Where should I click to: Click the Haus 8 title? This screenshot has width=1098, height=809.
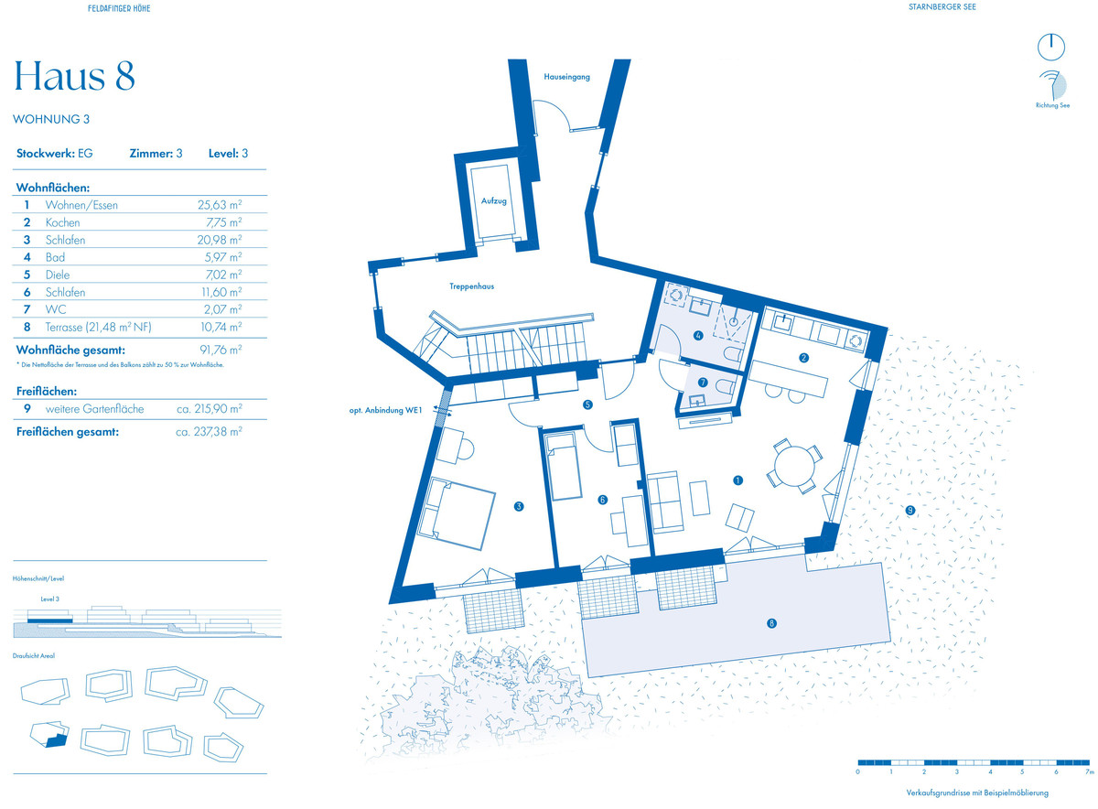(x=74, y=76)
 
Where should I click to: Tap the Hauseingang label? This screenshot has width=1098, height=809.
(x=566, y=77)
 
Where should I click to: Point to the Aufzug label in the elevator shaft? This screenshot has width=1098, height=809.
(x=493, y=200)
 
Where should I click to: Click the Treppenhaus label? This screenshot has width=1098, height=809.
(x=471, y=286)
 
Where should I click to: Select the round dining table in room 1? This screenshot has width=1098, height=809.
(x=794, y=466)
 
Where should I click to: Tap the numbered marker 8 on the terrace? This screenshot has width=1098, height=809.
(x=771, y=623)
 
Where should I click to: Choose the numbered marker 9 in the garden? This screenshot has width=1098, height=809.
(x=910, y=511)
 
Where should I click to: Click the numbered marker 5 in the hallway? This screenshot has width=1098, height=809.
(x=587, y=404)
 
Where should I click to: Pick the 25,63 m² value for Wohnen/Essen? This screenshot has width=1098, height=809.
(x=220, y=205)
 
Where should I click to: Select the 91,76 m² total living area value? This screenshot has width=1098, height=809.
(x=221, y=350)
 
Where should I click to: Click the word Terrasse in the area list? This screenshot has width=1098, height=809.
(x=64, y=327)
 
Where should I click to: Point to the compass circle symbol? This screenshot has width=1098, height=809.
(x=1051, y=48)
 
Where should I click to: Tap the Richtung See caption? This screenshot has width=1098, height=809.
(x=1052, y=105)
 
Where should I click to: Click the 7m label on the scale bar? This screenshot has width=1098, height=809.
(x=1089, y=771)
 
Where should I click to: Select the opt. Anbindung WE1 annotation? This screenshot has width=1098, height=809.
(x=385, y=410)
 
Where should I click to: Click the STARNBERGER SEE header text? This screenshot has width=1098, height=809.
(x=942, y=7)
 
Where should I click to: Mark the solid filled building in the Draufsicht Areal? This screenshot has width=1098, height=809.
(x=57, y=740)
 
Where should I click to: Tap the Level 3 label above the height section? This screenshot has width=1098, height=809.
(x=50, y=599)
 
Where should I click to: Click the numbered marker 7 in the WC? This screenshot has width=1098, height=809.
(x=703, y=382)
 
